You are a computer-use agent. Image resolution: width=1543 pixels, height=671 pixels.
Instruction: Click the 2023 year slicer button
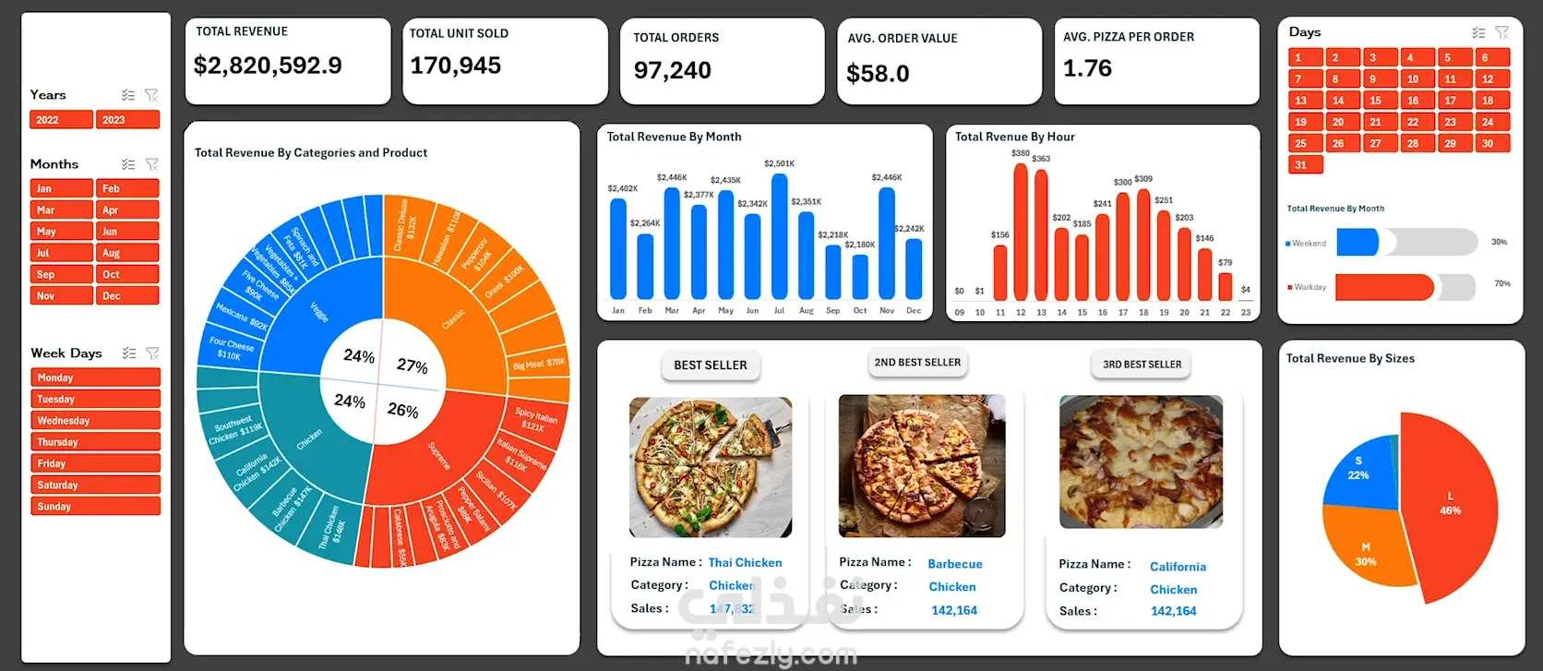pos(127,120)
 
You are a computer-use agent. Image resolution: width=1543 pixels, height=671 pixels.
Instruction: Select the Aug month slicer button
pos(127,253)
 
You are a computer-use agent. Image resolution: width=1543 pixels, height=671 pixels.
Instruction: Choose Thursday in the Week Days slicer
pos(95,442)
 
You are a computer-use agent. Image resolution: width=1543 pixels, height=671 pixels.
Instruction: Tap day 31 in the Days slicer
pos(1305,165)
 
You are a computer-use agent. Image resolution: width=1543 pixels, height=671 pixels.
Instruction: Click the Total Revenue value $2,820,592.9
pos(268,66)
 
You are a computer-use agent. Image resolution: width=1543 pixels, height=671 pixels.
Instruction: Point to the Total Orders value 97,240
pos(672,70)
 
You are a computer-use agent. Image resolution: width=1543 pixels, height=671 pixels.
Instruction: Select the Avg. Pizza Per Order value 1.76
pos(1087,68)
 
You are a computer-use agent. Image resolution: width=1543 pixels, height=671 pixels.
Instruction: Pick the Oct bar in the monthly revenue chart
pos(860,276)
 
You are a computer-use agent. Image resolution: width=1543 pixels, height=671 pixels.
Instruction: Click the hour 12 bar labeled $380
pos(1021,231)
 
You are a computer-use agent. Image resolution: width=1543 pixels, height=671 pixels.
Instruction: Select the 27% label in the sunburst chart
pos(413,365)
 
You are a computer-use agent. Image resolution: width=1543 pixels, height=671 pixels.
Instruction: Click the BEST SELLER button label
pos(711,365)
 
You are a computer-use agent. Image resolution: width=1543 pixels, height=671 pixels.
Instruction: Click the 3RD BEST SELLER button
pos(1142,365)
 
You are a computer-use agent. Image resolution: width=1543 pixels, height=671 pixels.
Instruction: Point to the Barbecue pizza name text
pos(954,564)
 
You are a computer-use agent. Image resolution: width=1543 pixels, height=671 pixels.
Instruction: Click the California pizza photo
pos(1141,461)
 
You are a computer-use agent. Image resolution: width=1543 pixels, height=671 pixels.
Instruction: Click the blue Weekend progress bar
pos(1357,243)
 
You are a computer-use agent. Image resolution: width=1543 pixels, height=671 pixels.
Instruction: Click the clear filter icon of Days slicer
pos(1501,32)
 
